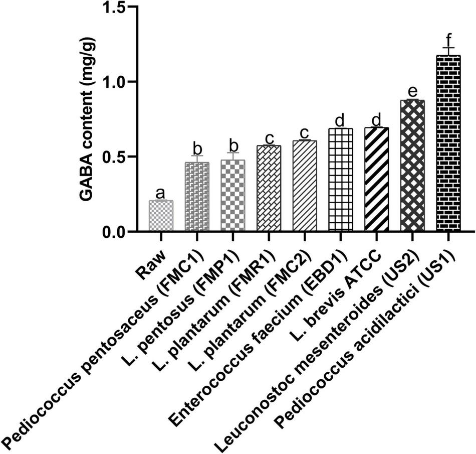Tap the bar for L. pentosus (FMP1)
(233, 196)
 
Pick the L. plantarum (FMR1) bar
(269, 188)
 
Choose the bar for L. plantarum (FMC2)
(305, 186)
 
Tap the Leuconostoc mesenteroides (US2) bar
(412, 166)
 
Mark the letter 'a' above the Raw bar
(161, 193)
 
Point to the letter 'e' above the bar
(412, 92)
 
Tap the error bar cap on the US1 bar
(448, 48)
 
